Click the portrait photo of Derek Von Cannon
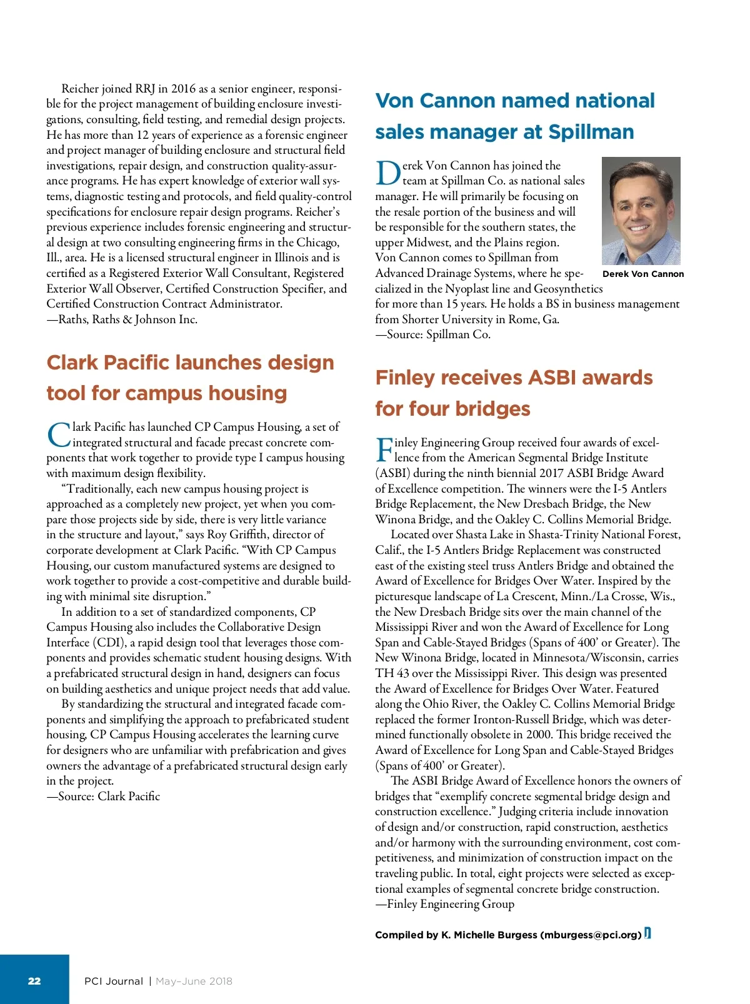coord(641,211)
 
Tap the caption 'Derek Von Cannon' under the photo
coord(643,274)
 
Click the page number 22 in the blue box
coord(34,981)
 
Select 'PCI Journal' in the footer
coord(114,981)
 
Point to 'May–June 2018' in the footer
coord(194,981)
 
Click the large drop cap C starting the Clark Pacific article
coord(59,435)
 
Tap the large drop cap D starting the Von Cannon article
coord(387,174)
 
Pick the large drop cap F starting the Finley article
coord(384,450)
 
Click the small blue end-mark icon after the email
coord(647,933)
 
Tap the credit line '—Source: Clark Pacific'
coord(103,796)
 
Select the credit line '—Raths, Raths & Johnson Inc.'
coord(122,319)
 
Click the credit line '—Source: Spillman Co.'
coord(432,334)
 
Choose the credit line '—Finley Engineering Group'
coord(444,904)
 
